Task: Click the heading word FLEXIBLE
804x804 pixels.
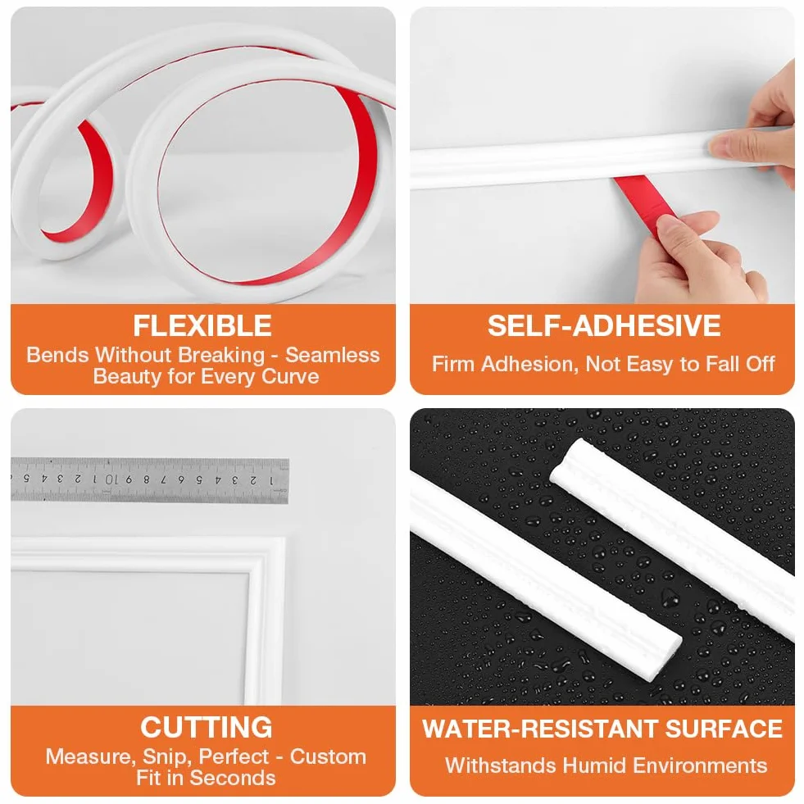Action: pos(202,326)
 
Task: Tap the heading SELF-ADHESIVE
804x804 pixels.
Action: pos(604,326)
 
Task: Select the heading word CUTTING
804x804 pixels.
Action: pos(207,728)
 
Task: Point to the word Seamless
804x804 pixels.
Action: pos(332,355)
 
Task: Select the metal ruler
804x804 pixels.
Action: pos(150,480)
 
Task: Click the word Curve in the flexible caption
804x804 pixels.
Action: pos(290,376)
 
